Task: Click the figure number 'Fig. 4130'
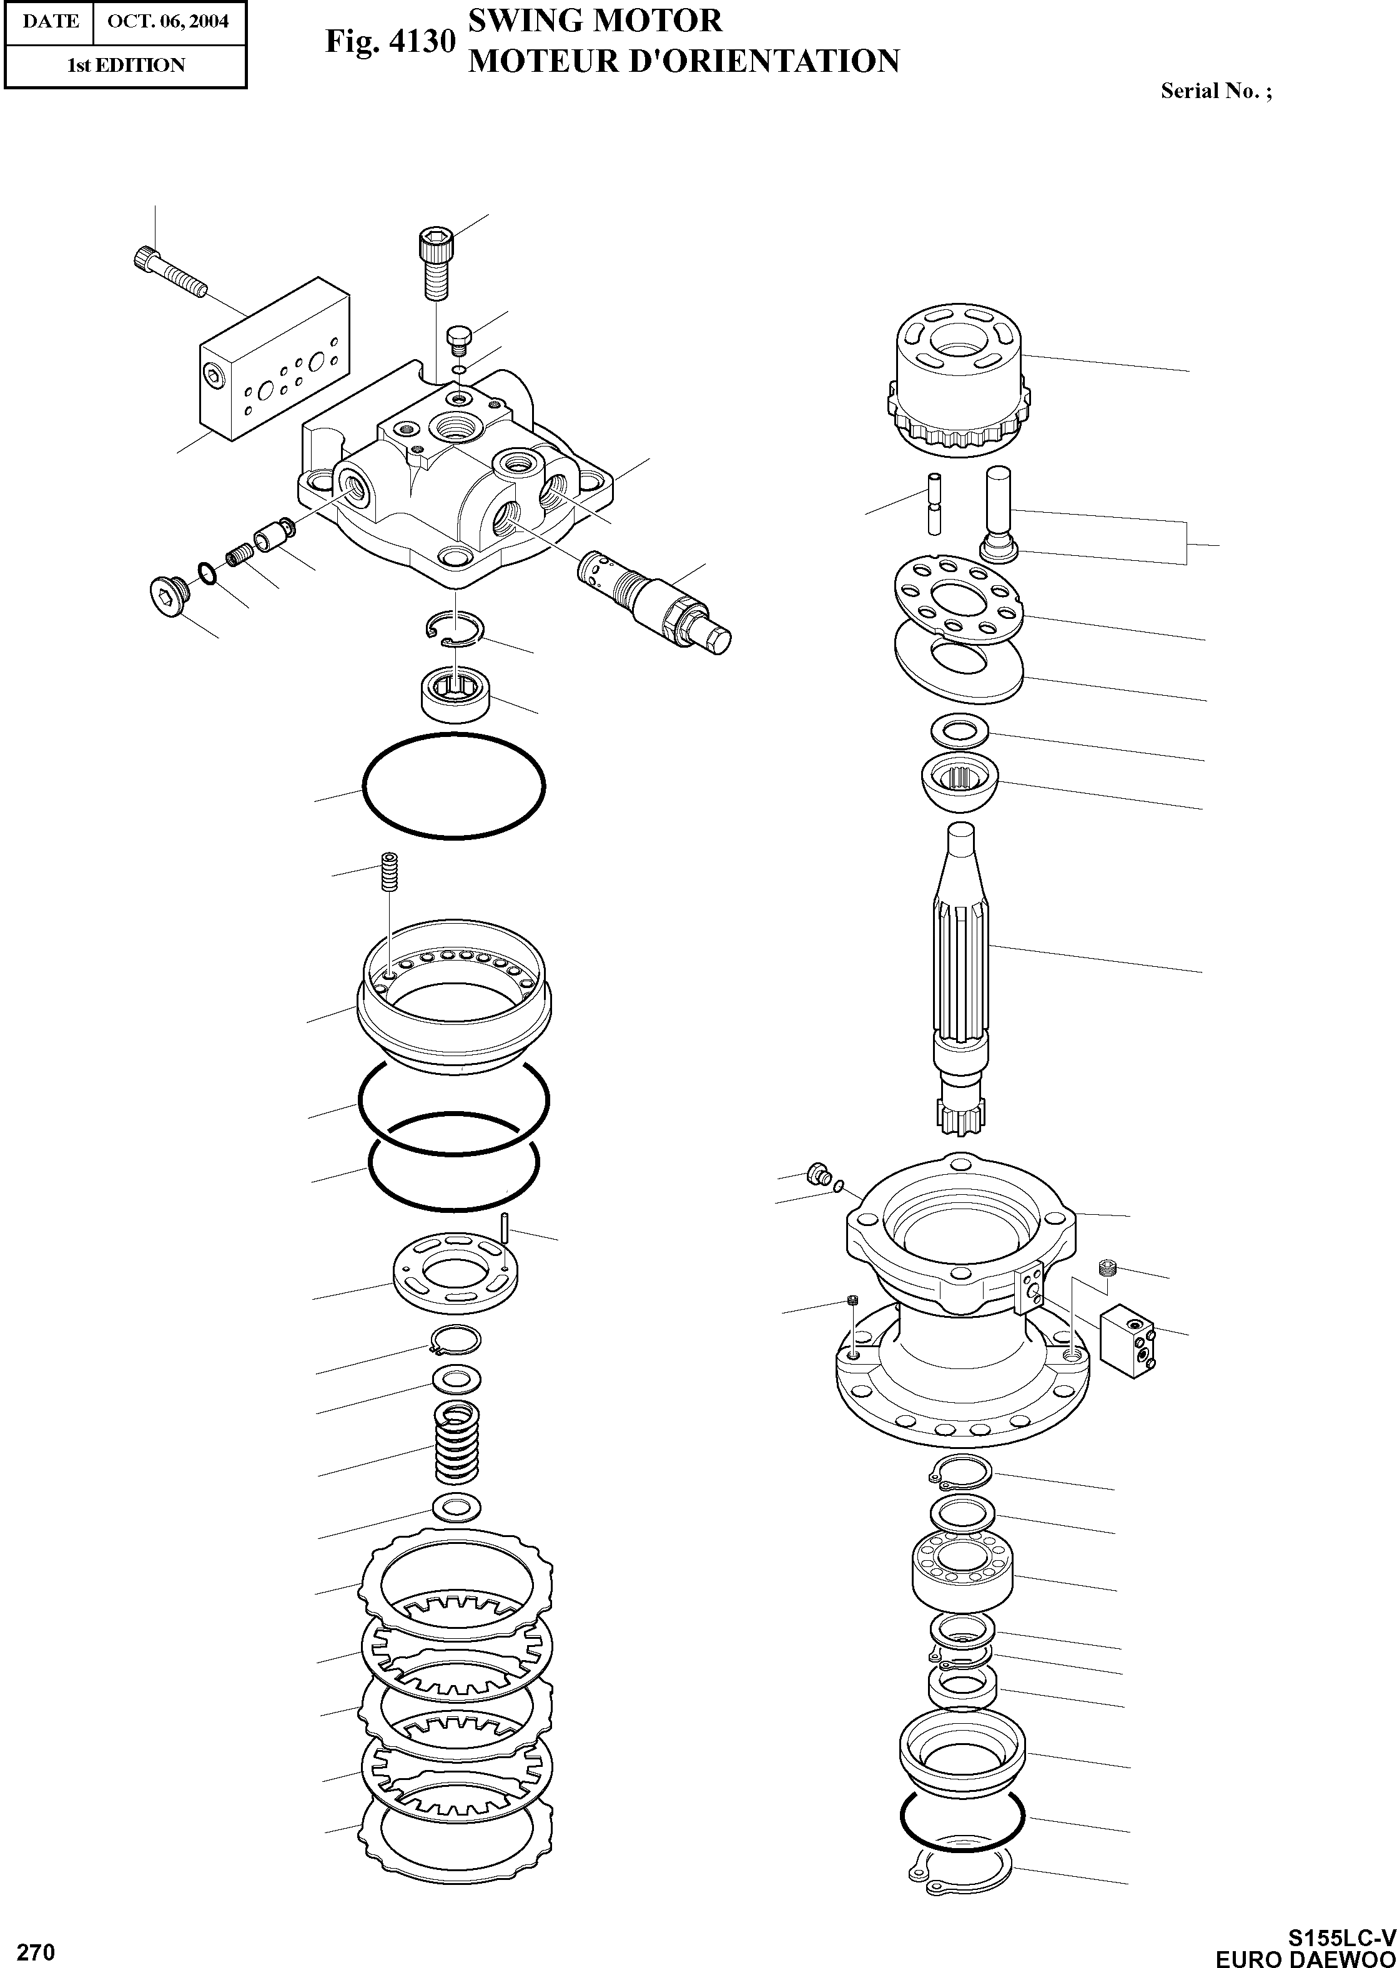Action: point(389,41)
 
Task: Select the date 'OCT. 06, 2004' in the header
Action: point(168,21)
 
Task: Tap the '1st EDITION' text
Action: point(126,66)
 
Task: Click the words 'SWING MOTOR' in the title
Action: point(595,20)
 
